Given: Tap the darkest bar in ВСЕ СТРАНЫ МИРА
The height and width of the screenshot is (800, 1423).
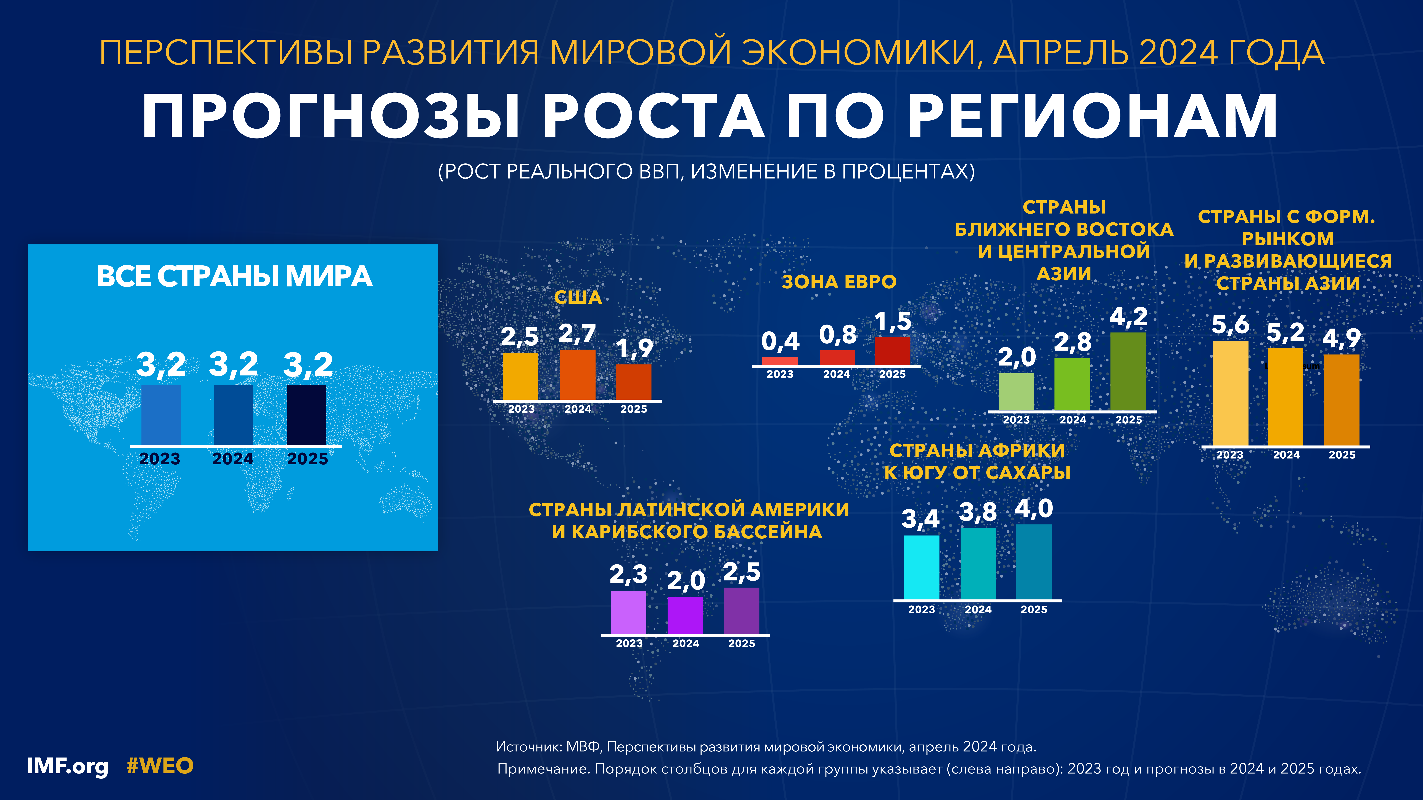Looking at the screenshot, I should pos(307,415).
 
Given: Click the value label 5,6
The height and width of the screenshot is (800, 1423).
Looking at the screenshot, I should pos(1230,325).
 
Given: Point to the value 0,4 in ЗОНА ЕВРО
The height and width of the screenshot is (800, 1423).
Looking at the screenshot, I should pos(780,342).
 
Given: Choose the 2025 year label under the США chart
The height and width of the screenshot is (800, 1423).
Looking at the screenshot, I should pos(634,409).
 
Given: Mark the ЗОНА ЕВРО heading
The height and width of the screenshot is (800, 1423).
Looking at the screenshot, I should pos(839,282).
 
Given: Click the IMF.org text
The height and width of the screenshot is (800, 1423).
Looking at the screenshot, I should pos(67,766).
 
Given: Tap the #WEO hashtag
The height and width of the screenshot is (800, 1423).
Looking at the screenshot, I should pos(160,766).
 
